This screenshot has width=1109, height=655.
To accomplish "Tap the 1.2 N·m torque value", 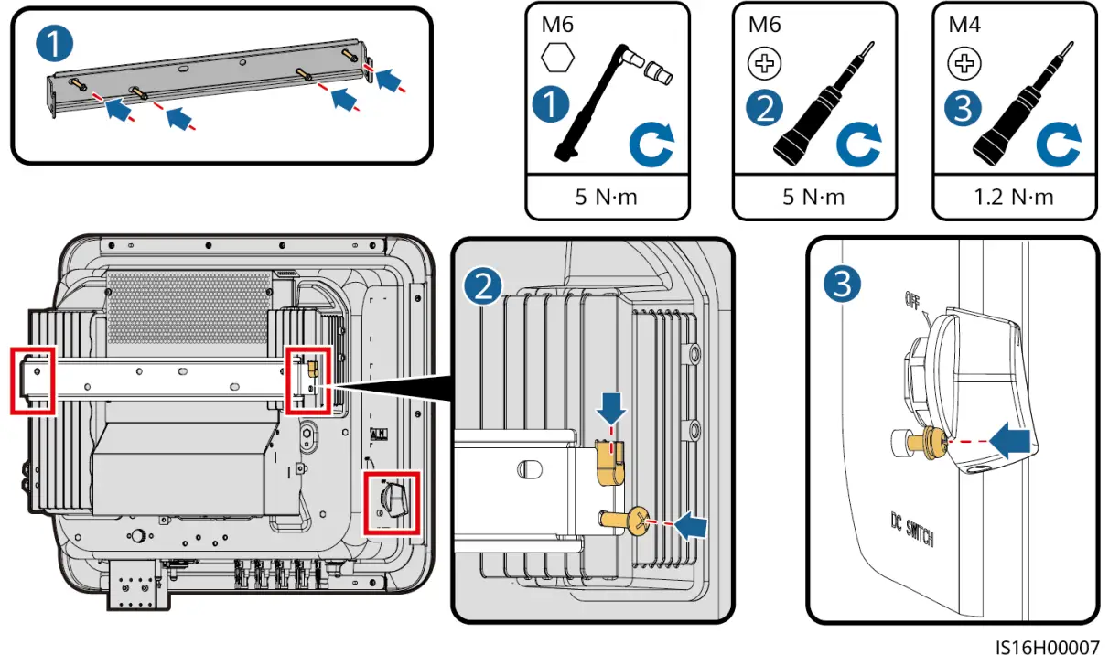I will pyautogui.click(x=1013, y=197).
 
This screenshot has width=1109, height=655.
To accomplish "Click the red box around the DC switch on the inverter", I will pyautogui.click(x=392, y=503).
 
